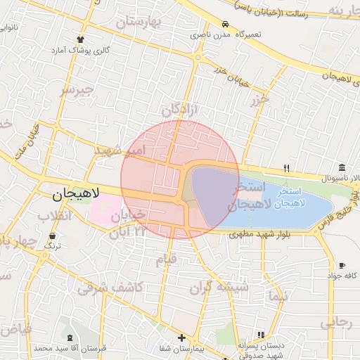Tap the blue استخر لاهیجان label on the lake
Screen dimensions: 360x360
pos(290,197)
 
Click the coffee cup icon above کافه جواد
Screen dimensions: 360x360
pos(342,265)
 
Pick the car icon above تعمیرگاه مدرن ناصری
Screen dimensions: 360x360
pos(225,23)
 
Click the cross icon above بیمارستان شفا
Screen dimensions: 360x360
pos(182,337)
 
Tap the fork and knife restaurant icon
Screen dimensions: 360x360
pos(286,167)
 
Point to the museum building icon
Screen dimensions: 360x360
pos(342,167)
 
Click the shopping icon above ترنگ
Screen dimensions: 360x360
pos(53,236)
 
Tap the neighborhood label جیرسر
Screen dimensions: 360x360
pos(76,91)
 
